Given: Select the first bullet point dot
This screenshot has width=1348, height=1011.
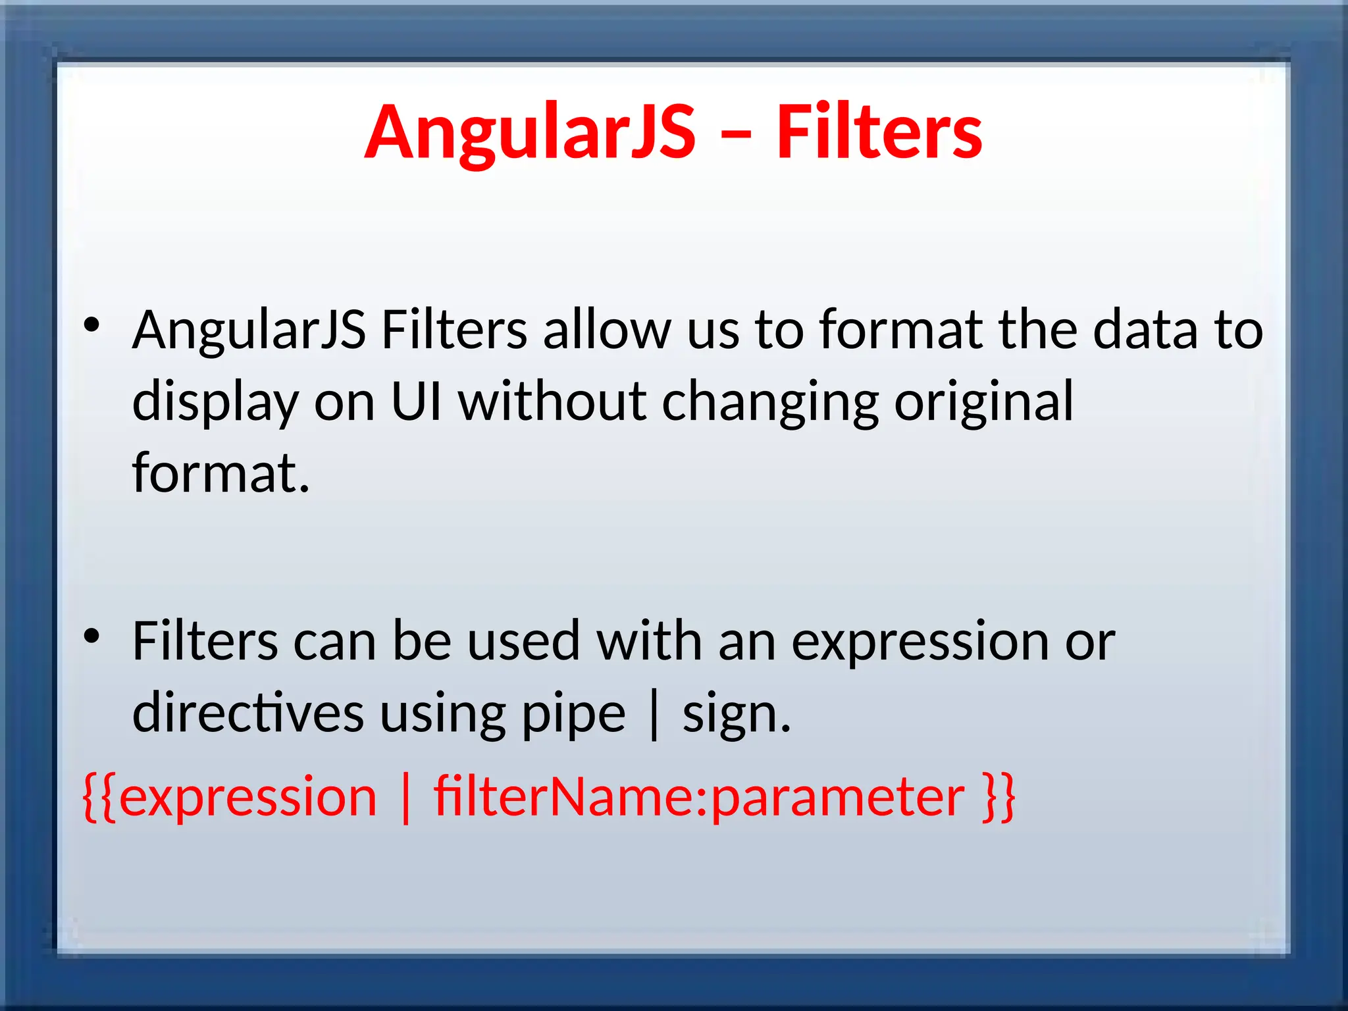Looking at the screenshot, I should point(91,324).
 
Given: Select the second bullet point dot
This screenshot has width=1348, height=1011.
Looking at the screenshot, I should point(91,636).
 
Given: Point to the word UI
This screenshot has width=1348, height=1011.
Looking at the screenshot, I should point(416,402).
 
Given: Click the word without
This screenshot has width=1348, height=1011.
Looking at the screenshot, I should point(552,402).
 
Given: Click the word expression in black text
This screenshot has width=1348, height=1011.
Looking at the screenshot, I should point(920,642).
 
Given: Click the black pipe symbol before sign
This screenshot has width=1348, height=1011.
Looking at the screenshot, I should point(654,714).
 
